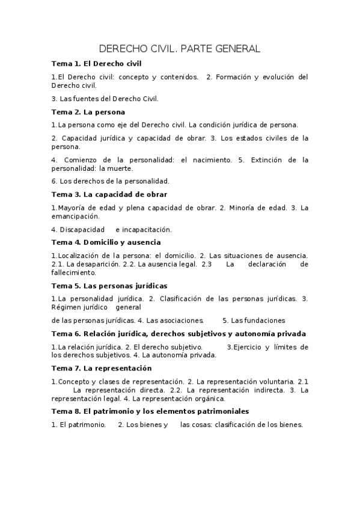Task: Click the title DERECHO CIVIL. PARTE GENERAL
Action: (x=179, y=48)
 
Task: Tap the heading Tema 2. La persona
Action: (x=88, y=112)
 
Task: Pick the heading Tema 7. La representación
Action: (x=102, y=368)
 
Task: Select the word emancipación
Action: (x=75, y=216)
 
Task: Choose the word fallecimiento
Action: (x=75, y=272)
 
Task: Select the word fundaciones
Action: (x=263, y=320)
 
